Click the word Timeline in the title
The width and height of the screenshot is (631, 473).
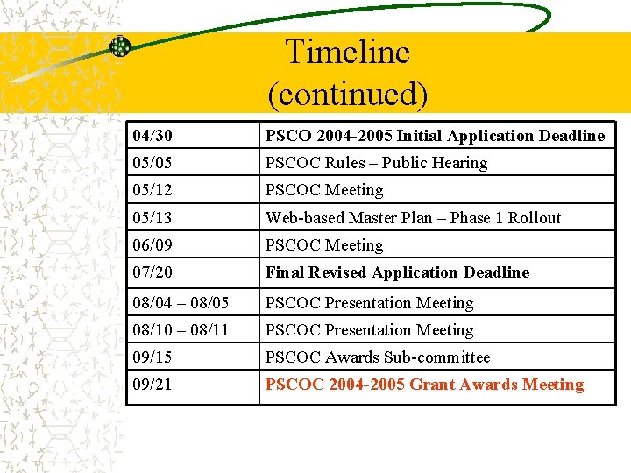pyautogui.click(x=347, y=53)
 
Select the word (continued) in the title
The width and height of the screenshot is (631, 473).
pyautogui.click(x=347, y=94)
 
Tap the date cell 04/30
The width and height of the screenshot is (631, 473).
pyautogui.click(x=152, y=136)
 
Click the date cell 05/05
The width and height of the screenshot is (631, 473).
pyautogui.click(x=152, y=163)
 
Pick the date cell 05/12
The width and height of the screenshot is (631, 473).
pyautogui.click(x=152, y=190)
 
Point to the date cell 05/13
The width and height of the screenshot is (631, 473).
pyautogui.click(x=152, y=218)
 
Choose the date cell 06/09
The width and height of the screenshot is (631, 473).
pyautogui.click(x=152, y=245)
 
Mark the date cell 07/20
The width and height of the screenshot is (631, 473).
pyautogui.click(x=152, y=272)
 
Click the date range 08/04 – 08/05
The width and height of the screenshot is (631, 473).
pyautogui.click(x=181, y=303)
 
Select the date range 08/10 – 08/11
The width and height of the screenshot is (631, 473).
pyautogui.click(x=181, y=330)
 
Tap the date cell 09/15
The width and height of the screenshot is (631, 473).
pyautogui.click(x=152, y=357)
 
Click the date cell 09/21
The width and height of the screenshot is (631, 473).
pyautogui.click(x=152, y=385)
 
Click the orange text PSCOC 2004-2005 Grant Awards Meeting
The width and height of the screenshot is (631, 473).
pyautogui.click(x=424, y=385)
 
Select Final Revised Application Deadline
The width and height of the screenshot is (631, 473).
pyautogui.click(x=397, y=272)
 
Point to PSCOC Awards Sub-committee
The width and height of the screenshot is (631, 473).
pyautogui.click(x=378, y=357)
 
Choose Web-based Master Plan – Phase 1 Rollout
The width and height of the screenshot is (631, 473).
pyautogui.click(x=413, y=218)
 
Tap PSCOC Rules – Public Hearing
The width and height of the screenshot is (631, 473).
pyautogui.click(x=376, y=163)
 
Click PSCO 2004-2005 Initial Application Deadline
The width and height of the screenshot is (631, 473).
pyautogui.click(x=435, y=136)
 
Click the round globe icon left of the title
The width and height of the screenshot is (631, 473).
pyautogui.click(x=119, y=46)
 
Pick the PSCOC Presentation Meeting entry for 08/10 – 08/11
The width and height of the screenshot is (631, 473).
pyautogui.click(x=369, y=330)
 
